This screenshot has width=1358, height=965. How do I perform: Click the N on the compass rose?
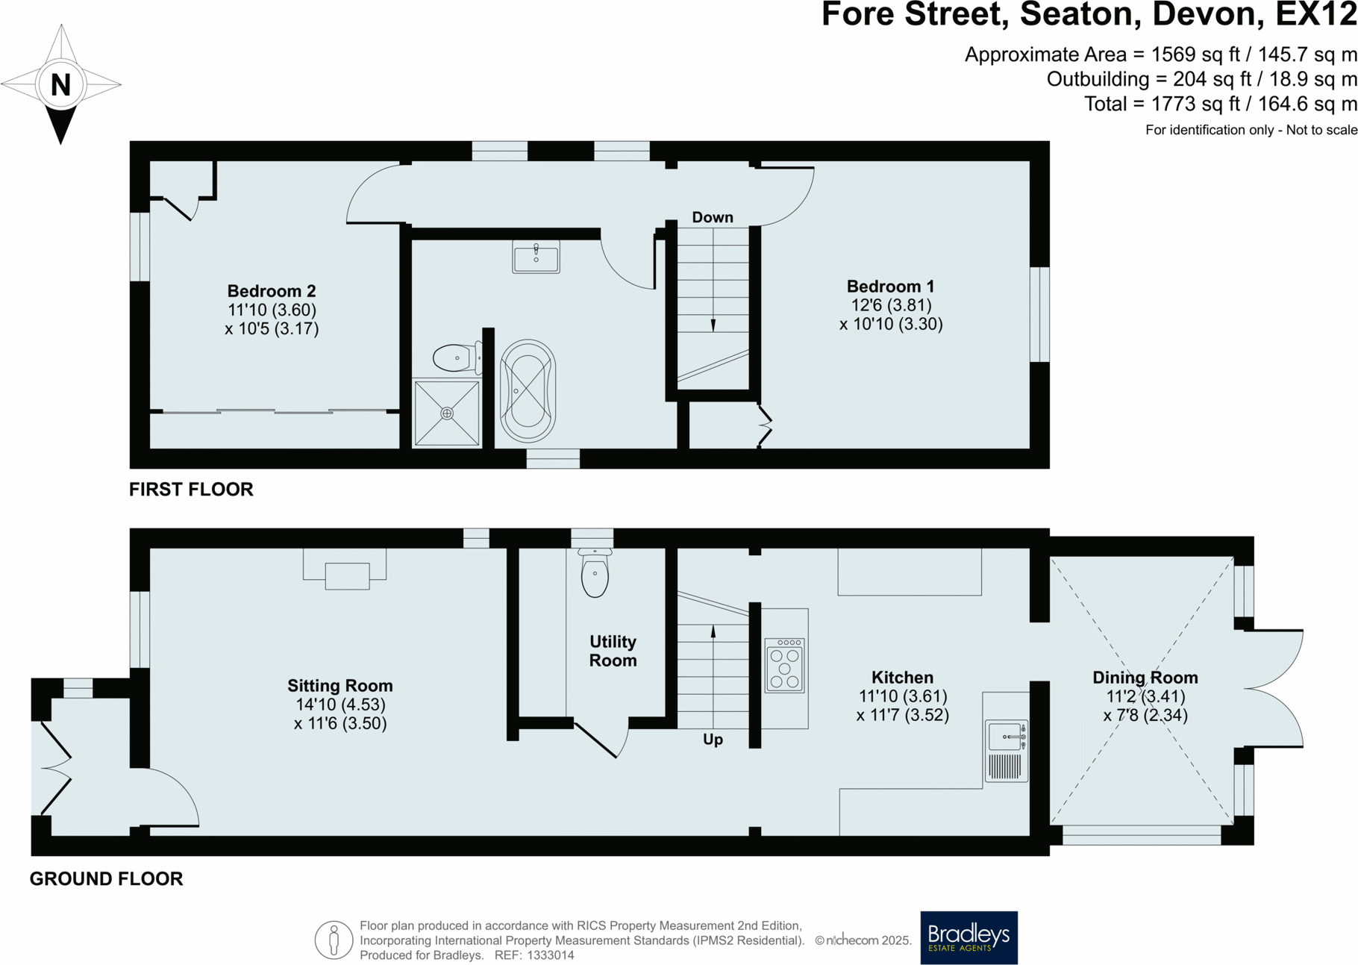point(60,85)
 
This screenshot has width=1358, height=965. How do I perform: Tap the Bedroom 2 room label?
point(272,291)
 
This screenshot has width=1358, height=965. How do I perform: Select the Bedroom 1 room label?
point(890,287)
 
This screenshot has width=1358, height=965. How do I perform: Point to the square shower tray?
point(446,413)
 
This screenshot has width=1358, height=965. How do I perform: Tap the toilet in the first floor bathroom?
point(457,358)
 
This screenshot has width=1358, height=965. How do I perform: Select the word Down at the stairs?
point(712,217)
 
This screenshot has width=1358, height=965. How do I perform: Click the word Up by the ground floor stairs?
point(713,740)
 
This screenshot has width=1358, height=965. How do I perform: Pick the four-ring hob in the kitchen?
point(784,665)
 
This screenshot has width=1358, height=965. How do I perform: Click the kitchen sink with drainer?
point(1006,750)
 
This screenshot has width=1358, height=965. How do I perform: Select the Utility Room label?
point(613,651)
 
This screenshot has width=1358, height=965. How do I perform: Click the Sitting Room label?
point(340,685)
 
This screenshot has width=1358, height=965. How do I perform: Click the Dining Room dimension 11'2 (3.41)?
point(1145,696)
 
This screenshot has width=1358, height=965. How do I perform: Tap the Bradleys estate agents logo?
point(969,937)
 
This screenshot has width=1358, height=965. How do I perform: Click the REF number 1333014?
point(551,955)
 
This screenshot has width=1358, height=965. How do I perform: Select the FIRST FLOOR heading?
point(191,490)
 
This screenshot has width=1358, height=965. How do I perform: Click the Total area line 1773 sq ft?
point(1220,104)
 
